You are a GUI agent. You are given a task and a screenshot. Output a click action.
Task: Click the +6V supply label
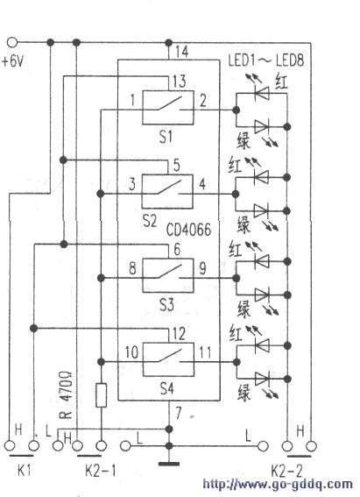(x=12, y=61)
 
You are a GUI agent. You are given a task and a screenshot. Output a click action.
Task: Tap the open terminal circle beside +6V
(x=12, y=42)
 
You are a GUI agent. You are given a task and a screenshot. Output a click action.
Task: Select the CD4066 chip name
(x=188, y=230)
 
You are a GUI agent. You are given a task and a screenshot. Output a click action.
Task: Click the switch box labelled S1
(x=168, y=108)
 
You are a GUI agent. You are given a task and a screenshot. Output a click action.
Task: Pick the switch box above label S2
(x=167, y=191)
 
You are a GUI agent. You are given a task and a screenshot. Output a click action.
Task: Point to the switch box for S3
(x=168, y=275)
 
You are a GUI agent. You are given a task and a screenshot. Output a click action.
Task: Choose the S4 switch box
(x=168, y=359)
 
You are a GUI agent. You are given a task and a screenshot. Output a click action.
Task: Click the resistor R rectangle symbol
(x=101, y=395)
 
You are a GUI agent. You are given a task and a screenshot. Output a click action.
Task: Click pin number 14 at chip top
(x=181, y=52)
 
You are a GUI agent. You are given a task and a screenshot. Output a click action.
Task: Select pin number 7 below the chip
(x=179, y=413)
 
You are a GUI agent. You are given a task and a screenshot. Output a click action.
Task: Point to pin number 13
(x=179, y=82)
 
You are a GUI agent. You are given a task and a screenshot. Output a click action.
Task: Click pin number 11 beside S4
(x=205, y=352)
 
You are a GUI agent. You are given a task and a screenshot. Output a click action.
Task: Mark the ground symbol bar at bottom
(x=169, y=464)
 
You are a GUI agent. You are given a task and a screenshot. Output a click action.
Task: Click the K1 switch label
(x=24, y=472)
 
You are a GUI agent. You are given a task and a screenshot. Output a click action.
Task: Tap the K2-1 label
(x=101, y=472)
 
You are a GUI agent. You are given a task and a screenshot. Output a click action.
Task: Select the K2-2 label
(x=286, y=472)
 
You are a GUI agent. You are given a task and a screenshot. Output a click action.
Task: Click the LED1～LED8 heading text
(x=266, y=60)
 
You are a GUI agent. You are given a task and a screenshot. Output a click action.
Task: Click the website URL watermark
(x=278, y=485)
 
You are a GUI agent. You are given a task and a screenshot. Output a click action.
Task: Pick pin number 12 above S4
(x=179, y=334)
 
